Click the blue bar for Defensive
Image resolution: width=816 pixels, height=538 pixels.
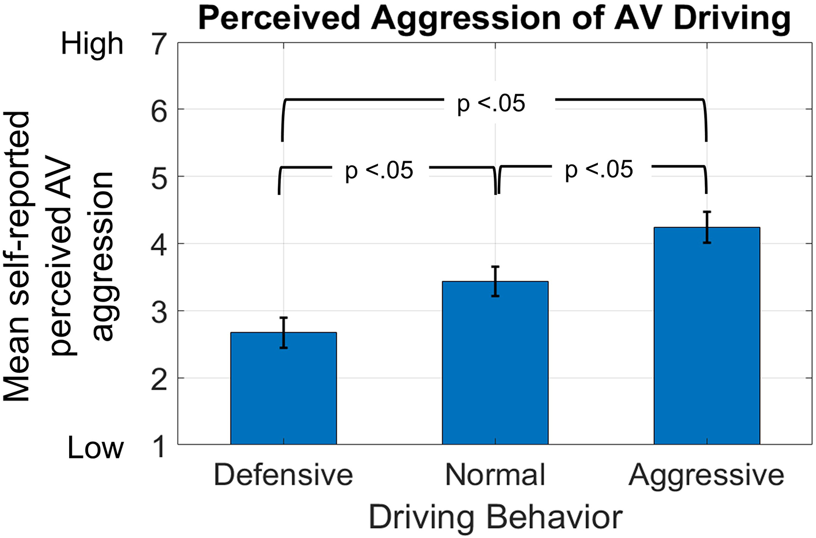pos(283,391)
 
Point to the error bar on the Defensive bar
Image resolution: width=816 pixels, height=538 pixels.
pos(283,333)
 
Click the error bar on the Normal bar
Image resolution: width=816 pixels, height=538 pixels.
pos(495,281)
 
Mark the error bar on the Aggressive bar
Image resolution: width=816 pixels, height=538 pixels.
pos(707,227)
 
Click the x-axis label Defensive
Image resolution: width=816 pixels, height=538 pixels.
pos(283,475)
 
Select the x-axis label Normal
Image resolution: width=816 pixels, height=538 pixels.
pos(495,475)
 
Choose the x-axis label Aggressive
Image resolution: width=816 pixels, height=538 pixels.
pos(707,475)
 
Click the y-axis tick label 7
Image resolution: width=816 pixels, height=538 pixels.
pos(159,44)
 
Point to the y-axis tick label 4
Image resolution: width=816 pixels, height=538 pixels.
pos(159,245)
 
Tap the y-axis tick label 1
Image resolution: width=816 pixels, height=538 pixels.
pos(159,447)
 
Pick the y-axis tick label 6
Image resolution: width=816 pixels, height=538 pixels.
pos(159,110)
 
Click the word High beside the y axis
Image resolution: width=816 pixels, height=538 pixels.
pos(92,44)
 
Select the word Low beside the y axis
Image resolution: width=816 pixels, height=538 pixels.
pos(96,448)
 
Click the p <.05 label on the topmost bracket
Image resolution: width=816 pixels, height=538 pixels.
pos(491,104)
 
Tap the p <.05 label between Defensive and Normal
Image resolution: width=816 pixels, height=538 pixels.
pos(379,171)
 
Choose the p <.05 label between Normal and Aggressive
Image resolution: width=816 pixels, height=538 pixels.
pos(598,170)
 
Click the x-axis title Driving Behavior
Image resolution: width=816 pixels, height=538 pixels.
pos(495,517)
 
